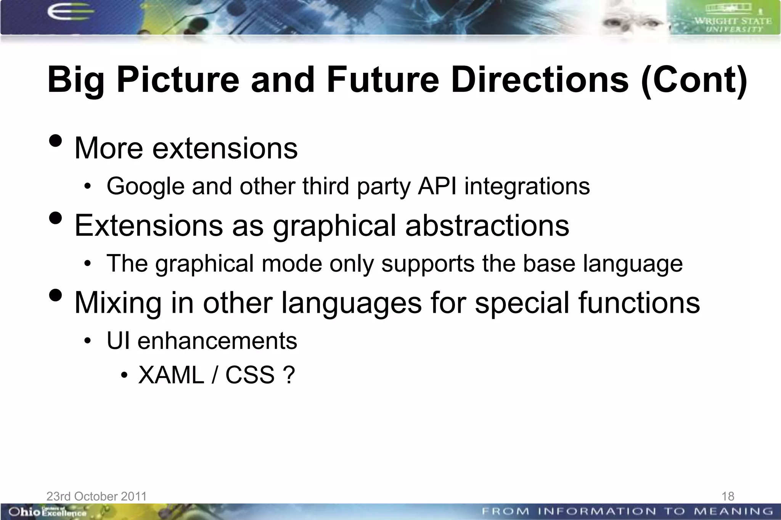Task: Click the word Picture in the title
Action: point(178,80)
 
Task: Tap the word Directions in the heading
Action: point(540,80)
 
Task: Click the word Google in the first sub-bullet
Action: point(145,186)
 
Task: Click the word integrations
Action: point(527,186)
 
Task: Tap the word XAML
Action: point(171,375)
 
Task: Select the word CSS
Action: point(250,375)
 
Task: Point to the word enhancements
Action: point(217,341)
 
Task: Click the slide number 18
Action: point(728,496)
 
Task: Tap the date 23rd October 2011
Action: point(96,496)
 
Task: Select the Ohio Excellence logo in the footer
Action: point(46,512)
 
